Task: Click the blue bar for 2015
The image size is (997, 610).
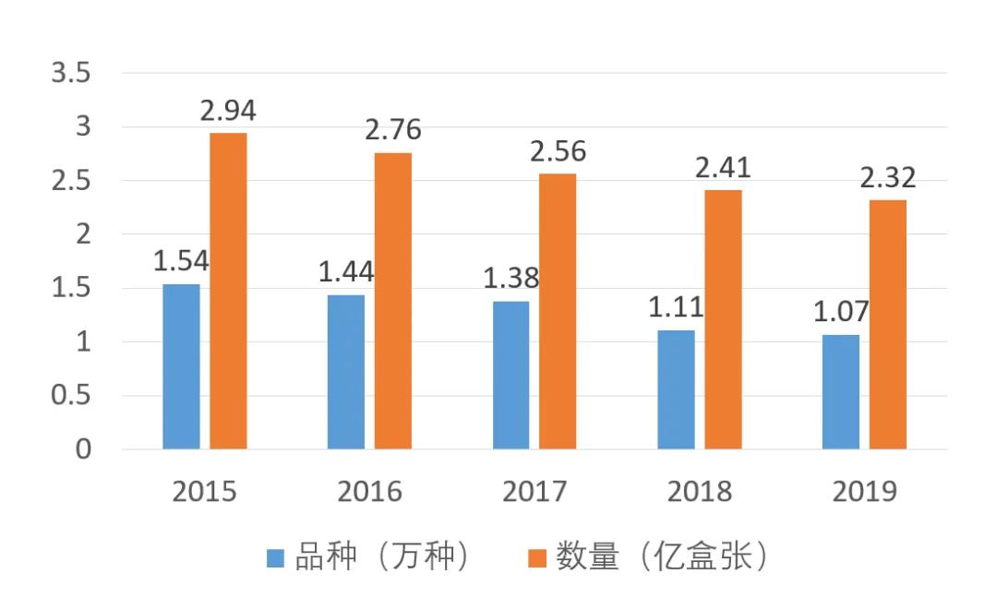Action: (x=181, y=366)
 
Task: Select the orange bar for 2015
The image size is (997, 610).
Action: (x=228, y=291)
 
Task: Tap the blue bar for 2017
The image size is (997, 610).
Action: (x=511, y=375)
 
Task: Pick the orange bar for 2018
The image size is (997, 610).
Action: (x=723, y=319)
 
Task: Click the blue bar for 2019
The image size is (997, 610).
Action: (x=840, y=391)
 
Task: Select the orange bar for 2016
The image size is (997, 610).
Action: (x=393, y=301)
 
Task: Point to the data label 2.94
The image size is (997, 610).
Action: (x=228, y=112)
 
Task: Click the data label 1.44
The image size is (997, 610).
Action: (x=346, y=272)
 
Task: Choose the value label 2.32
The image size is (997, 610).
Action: (x=888, y=177)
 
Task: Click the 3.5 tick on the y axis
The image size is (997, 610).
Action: (x=71, y=73)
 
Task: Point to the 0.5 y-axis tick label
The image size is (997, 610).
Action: (x=71, y=396)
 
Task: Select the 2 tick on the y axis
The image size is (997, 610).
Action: (x=84, y=234)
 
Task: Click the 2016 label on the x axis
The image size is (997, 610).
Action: (x=369, y=491)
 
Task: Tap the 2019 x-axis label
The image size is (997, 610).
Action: (x=864, y=491)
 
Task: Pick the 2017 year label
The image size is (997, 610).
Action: (x=535, y=491)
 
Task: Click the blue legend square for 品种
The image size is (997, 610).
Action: (x=275, y=557)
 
